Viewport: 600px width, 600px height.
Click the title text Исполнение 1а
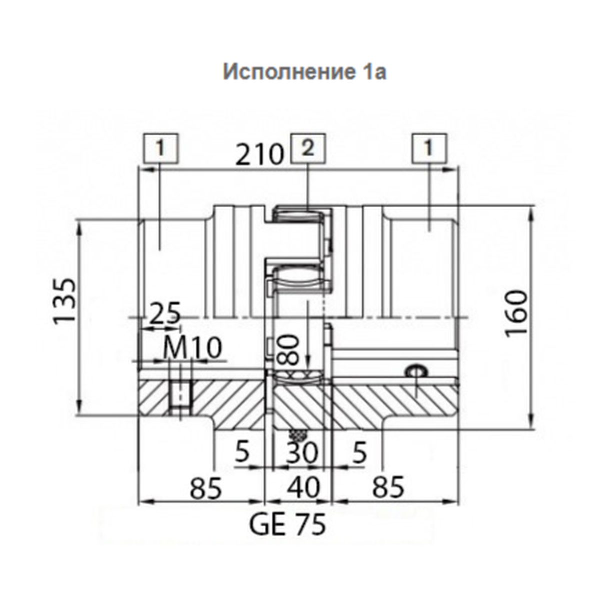tap(305, 72)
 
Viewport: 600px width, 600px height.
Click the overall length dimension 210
tap(260, 154)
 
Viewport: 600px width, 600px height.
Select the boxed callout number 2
tap(308, 148)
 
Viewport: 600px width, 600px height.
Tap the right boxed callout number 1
tap(429, 148)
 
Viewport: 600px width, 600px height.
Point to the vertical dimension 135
tap(65, 301)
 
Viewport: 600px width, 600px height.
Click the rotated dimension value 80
tap(288, 349)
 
